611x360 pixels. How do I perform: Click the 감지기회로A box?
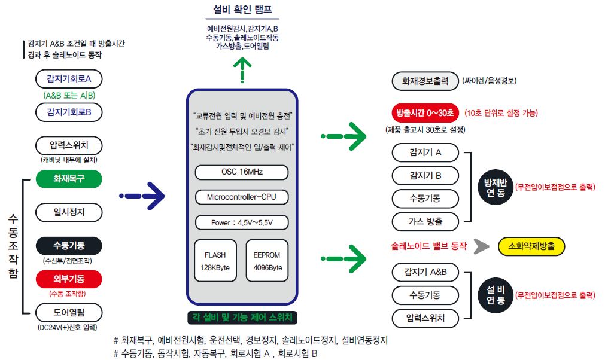coord(69,79)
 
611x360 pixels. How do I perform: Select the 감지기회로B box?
coord(69,112)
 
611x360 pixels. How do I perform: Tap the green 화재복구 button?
coord(69,179)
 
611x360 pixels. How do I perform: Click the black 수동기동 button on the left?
coord(69,246)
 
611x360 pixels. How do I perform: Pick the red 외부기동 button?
coord(69,279)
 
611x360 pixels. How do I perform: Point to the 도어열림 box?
coord(69,313)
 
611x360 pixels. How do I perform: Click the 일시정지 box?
coord(69,212)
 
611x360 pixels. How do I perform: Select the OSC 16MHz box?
coord(242,172)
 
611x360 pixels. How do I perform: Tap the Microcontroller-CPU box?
coord(242,197)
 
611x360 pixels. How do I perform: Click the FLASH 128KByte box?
coord(215,261)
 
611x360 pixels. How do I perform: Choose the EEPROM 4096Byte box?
coord(267,261)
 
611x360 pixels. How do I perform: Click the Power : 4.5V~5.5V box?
coord(242,222)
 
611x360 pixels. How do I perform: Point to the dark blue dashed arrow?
coord(142,196)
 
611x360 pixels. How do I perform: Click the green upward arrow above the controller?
coord(242,70)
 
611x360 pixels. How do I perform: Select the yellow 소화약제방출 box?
coord(531,246)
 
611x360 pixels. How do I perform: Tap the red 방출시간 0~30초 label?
coord(425,113)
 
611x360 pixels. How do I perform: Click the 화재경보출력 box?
coord(425,81)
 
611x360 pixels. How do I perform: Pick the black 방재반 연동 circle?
coord(496,188)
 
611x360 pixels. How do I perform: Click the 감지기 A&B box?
coord(425,272)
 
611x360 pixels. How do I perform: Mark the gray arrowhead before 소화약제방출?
coord(481,246)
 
